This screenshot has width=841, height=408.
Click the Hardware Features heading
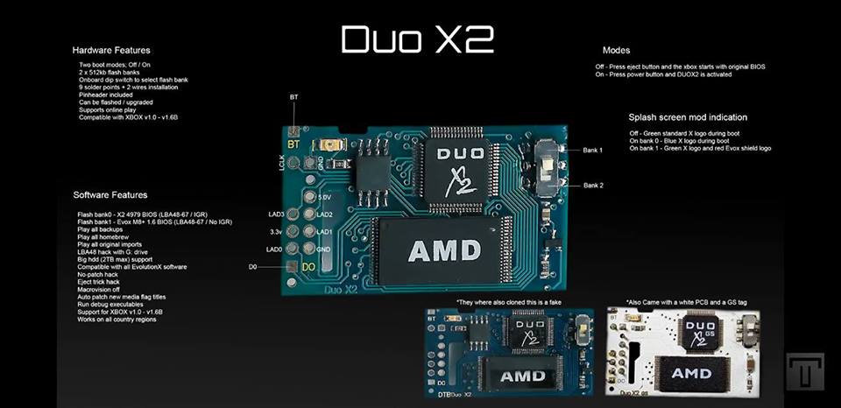pos(111,50)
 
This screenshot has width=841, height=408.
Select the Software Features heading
pos(110,194)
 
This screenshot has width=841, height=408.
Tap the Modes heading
pos(617,50)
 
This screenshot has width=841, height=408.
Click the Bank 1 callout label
pos(593,151)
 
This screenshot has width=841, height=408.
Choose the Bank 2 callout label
pos(593,185)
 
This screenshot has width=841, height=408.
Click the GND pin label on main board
pos(324,250)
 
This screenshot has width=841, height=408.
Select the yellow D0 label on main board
pos(308,266)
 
